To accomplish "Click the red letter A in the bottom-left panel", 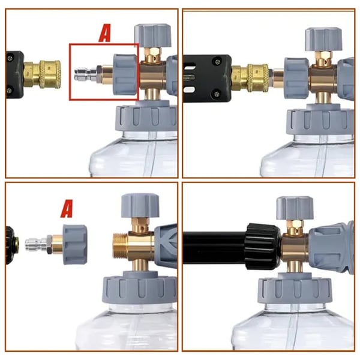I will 67,209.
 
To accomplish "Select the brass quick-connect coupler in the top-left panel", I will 40,73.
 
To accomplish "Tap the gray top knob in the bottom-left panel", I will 139,206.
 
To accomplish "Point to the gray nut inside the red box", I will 125,74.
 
